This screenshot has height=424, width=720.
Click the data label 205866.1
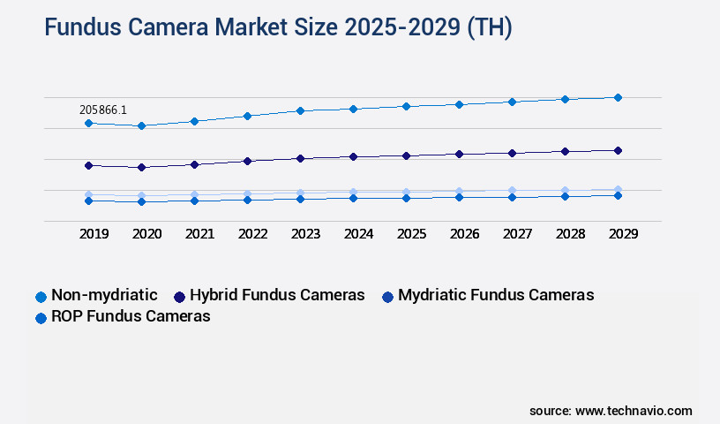(x=103, y=110)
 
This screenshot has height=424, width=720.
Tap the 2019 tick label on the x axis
(x=94, y=234)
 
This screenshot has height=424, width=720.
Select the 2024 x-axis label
(x=358, y=234)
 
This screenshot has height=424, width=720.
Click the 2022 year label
(x=252, y=234)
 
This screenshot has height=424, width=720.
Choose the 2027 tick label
(x=517, y=234)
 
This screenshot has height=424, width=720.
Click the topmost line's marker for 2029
(x=618, y=97)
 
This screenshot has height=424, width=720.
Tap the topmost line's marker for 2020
(x=141, y=125)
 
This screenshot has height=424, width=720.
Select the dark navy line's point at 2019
(x=88, y=165)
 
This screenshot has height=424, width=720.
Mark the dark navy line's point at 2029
(x=618, y=150)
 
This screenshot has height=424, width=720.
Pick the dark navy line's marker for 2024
(x=353, y=156)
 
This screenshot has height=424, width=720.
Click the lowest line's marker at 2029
(x=618, y=195)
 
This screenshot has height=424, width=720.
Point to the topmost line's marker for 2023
(x=300, y=110)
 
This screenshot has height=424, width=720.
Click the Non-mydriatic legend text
(x=104, y=295)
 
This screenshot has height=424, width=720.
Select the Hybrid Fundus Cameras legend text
(x=277, y=295)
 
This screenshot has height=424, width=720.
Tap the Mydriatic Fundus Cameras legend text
(x=496, y=295)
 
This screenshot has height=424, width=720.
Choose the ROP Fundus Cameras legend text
(x=131, y=316)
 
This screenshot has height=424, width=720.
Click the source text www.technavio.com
(x=634, y=411)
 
